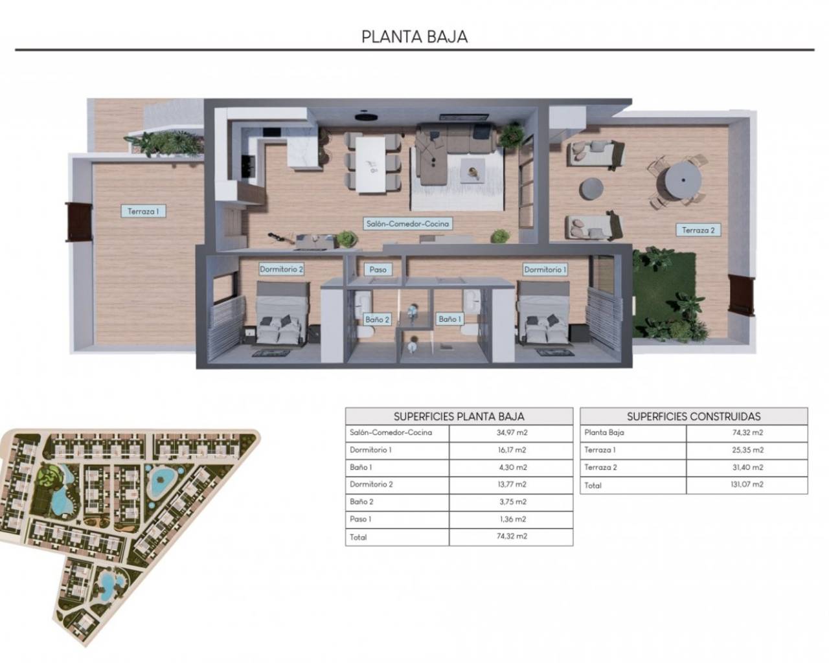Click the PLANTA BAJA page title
pyautogui.click(x=414, y=36)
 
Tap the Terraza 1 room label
pyautogui.click(x=142, y=211)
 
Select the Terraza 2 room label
pyautogui.click(x=698, y=230)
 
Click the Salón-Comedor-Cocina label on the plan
pyautogui.click(x=407, y=224)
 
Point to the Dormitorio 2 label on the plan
pyautogui.click(x=282, y=269)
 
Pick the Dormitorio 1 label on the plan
pyautogui.click(x=545, y=269)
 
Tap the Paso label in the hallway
pyautogui.click(x=378, y=269)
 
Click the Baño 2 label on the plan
pyautogui.click(x=377, y=319)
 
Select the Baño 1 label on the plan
pyautogui.click(x=449, y=319)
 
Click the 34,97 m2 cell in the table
pyautogui.click(x=511, y=433)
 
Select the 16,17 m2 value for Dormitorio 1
pyautogui.click(x=511, y=450)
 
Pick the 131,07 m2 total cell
pyautogui.click(x=747, y=484)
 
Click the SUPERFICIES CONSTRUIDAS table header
pyautogui.click(x=694, y=416)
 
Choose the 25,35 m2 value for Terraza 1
pyautogui.click(x=747, y=450)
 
